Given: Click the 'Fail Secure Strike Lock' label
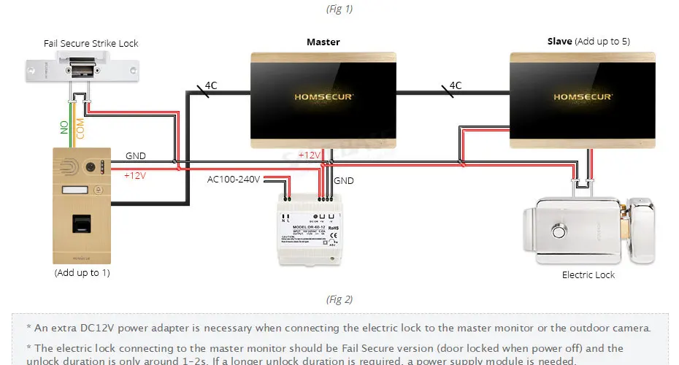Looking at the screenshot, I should point(91,44).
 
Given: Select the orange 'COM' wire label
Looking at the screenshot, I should point(80,128).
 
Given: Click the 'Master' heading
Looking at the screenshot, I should point(323,42).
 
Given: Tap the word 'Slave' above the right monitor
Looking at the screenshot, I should point(559,42).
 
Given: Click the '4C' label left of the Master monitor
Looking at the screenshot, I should point(210,85).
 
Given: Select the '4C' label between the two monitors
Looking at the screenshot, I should point(456,85).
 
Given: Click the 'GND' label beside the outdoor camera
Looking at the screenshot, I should point(135,156).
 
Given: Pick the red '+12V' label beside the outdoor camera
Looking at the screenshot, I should point(135,176).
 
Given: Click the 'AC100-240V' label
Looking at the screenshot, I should point(234,179).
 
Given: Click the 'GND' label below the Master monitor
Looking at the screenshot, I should point(344,180).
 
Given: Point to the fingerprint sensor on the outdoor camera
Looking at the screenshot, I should point(81,225).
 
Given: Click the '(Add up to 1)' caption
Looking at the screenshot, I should point(82,273).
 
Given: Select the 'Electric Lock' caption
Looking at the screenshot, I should point(588,275).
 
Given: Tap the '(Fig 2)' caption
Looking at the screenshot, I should point(339,299).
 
